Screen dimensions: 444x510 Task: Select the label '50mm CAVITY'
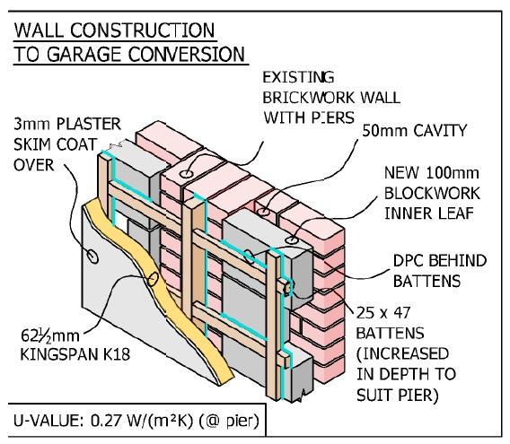tap(414, 131)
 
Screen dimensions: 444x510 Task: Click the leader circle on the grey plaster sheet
tap(92, 257)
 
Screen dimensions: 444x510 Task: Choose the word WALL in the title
tap(40, 31)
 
